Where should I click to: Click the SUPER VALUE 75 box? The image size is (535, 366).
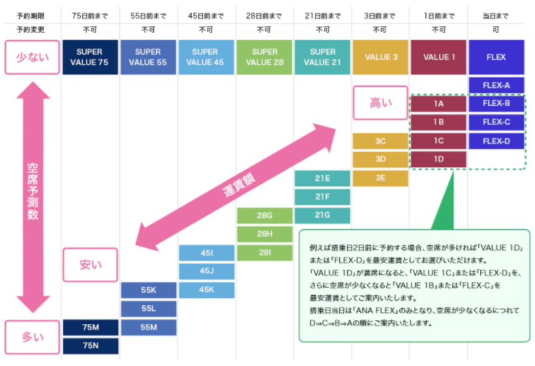click(x=90, y=57)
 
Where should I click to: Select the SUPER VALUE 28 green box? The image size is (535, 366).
click(x=264, y=57)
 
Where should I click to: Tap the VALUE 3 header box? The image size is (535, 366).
click(x=381, y=57)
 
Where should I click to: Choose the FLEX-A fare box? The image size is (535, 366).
click(x=496, y=85)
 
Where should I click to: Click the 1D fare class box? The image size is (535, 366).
click(x=438, y=159)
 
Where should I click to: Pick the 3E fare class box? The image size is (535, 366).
click(x=380, y=178)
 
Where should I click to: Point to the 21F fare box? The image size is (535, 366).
click(x=322, y=197)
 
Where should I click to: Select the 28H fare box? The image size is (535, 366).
click(x=264, y=234)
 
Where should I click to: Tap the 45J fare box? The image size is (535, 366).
click(x=206, y=271)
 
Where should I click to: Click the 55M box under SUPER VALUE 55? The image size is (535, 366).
click(x=148, y=327)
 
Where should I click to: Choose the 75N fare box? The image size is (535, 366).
click(x=90, y=346)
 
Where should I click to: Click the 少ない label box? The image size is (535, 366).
click(x=32, y=57)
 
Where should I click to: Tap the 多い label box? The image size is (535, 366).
click(x=32, y=337)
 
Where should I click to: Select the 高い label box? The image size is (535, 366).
click(x=380, y=103)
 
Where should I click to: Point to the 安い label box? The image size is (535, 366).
click(x=90, y=265)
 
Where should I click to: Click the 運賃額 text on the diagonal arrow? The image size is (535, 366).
click(x=238, y=187)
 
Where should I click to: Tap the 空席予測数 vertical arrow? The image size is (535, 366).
click(x=32, y=196)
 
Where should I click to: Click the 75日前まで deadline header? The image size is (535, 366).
click(x=90, y=14)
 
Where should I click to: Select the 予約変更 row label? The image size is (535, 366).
click(x=29, y=29)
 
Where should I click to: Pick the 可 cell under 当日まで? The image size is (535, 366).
click(x=496, y=29)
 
